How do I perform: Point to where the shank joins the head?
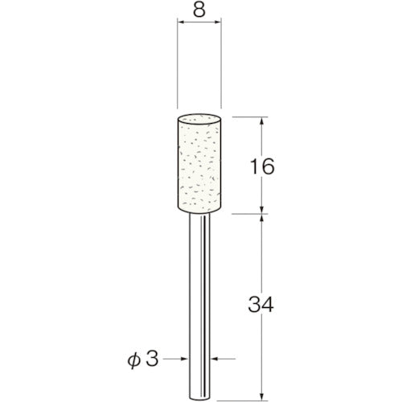[200, 215]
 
